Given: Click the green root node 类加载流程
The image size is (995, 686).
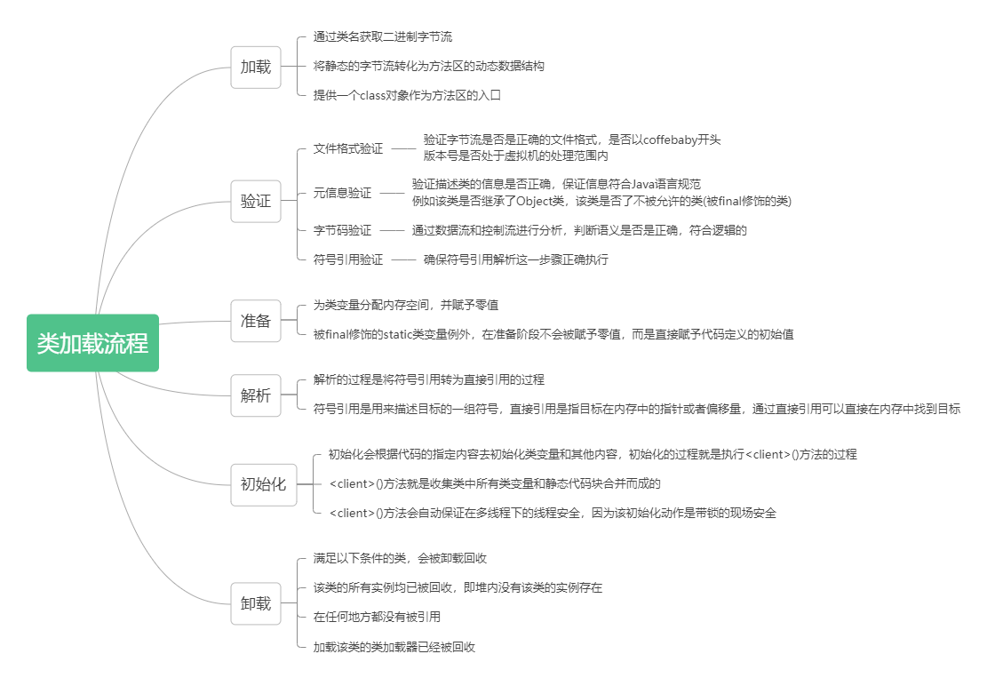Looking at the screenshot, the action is click(92, 343).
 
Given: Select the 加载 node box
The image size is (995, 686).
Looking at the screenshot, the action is click(256, 67).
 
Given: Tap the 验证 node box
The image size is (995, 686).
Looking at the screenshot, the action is click(256, 201).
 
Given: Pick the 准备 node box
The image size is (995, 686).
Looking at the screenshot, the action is click(256, 321).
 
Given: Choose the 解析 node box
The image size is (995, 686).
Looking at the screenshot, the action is click(256, 395).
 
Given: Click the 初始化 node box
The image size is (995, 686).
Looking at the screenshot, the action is click(263, 484).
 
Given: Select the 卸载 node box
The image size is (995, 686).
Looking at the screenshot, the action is click(256, 603).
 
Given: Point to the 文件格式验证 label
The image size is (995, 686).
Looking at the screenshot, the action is click(348, 148).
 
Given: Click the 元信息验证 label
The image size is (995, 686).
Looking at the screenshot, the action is click(342, 193).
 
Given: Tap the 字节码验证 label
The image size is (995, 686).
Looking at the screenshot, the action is click(342, 230).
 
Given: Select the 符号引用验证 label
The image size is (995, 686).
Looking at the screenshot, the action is click(348, 259).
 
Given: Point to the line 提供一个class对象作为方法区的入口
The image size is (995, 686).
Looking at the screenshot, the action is click(413, 95).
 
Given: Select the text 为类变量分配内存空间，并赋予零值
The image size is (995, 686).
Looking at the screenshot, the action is click(405, 305).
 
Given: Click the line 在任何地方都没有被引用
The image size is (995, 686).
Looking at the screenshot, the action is click(377, 617).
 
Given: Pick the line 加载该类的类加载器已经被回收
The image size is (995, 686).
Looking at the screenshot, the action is click(394, 647).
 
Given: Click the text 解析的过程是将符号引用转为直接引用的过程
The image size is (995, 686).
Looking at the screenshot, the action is click(428, 379).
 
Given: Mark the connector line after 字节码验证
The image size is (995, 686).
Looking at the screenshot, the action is click(392, 230).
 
